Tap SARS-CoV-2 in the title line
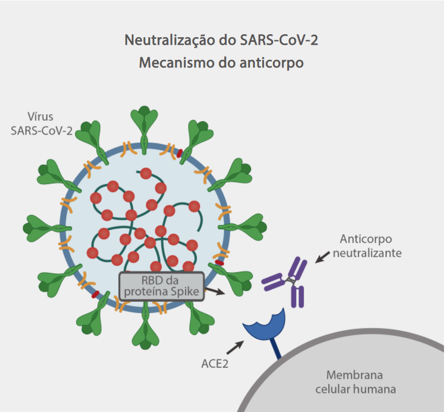pyautogui.click(x=275, y=40)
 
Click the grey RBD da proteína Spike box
pyautogui.click(x=161, y=286)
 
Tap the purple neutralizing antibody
pyautogui.click(x=287, y=281)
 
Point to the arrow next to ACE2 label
pyautogui.click(x=235, y=347)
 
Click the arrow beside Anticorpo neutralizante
pyautogui.click(x=323, y=256)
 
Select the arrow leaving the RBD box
pyautogui.click(x=216, y=291)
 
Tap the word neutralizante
pyautogui.click(x=367, y=253)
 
